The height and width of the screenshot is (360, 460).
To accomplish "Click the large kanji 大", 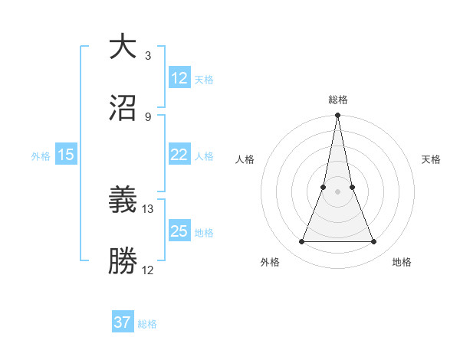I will click(x=123, y=47).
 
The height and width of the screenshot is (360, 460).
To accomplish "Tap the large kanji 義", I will click(x=123, y=201).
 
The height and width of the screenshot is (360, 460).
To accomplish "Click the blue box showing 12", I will click(x=179, y=78).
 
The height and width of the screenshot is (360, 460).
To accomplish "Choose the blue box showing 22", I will click(x=179, y=155).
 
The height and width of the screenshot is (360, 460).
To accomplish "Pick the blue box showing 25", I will click(x=179, y=231).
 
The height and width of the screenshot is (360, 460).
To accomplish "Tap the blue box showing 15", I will click(x=66, y=155).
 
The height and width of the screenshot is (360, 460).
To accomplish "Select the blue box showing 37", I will click(x=123, y=322).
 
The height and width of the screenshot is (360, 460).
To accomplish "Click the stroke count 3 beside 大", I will click(x=148, y=56).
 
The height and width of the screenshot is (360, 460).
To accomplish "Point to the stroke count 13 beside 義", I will click(x=148, y=209).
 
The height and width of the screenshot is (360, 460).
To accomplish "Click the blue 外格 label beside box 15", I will click(x=41, y=156).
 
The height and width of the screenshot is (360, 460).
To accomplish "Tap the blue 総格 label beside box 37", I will click(x=147, y=324).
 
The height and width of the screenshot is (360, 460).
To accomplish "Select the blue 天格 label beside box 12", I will click(x=204, y=80).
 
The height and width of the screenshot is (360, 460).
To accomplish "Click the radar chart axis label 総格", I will click(x=338, y=100).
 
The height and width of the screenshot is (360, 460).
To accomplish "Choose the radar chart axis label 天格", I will click(x=432, y=159).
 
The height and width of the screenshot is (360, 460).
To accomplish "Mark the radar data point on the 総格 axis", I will click(x=337, y=116).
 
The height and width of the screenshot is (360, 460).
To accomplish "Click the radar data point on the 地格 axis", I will click(x=374, y=242).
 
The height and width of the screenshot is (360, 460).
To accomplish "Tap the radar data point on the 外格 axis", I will click(x=301, y=242).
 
